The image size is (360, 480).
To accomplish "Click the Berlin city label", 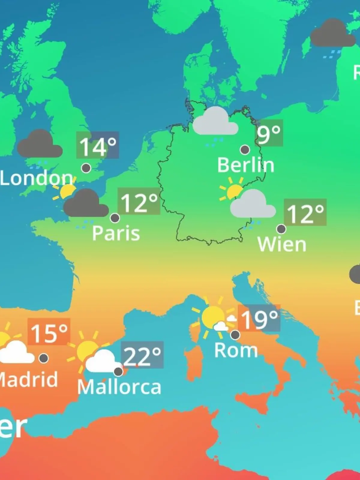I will pos(246,165).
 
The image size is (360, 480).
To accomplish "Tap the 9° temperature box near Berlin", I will pos(269,133).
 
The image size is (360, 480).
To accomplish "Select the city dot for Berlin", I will pos(245,149).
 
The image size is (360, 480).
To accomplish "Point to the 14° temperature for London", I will pos(97,145).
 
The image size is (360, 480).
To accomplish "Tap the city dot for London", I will pos(86,168).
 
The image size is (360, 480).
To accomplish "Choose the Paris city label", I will pos(116,233).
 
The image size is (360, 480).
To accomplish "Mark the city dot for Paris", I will pos(115,218).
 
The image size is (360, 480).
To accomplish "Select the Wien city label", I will pos(282,244).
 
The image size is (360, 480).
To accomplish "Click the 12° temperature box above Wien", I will pos(305,212).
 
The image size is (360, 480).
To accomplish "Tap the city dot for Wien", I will pos(281,229).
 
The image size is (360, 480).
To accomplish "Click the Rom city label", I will pos(236,350).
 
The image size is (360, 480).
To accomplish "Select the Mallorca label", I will pos(119,387).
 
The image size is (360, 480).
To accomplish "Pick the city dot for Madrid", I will pos(44,358).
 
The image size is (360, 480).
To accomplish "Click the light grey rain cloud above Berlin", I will pos(215,122).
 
